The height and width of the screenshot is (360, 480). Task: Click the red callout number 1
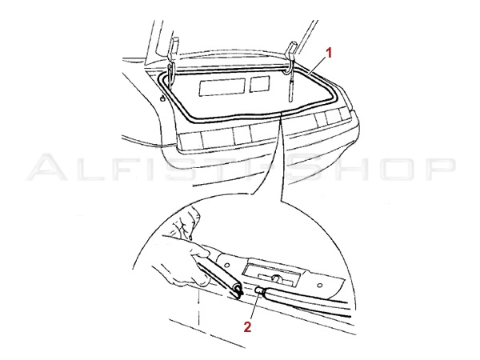tap(329, 54)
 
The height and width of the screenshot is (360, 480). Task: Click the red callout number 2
tap(247, 327)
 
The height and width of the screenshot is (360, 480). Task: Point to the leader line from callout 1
tap(317, 66)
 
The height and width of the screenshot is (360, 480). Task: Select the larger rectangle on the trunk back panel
tap(222, 87)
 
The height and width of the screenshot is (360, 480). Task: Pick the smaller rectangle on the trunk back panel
tap(259, 84)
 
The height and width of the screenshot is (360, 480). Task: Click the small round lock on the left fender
tap(162, 98)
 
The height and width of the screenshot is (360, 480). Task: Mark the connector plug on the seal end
tap(259, 289)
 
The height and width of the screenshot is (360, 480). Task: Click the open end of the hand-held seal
tap(238, 290)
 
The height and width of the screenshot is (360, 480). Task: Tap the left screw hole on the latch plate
tap(226, 263)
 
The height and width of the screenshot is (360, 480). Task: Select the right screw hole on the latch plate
tap(319, 286)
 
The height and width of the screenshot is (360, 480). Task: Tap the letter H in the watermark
tap(345, 168)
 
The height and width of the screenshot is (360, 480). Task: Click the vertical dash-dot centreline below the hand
tap(199, 309)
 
